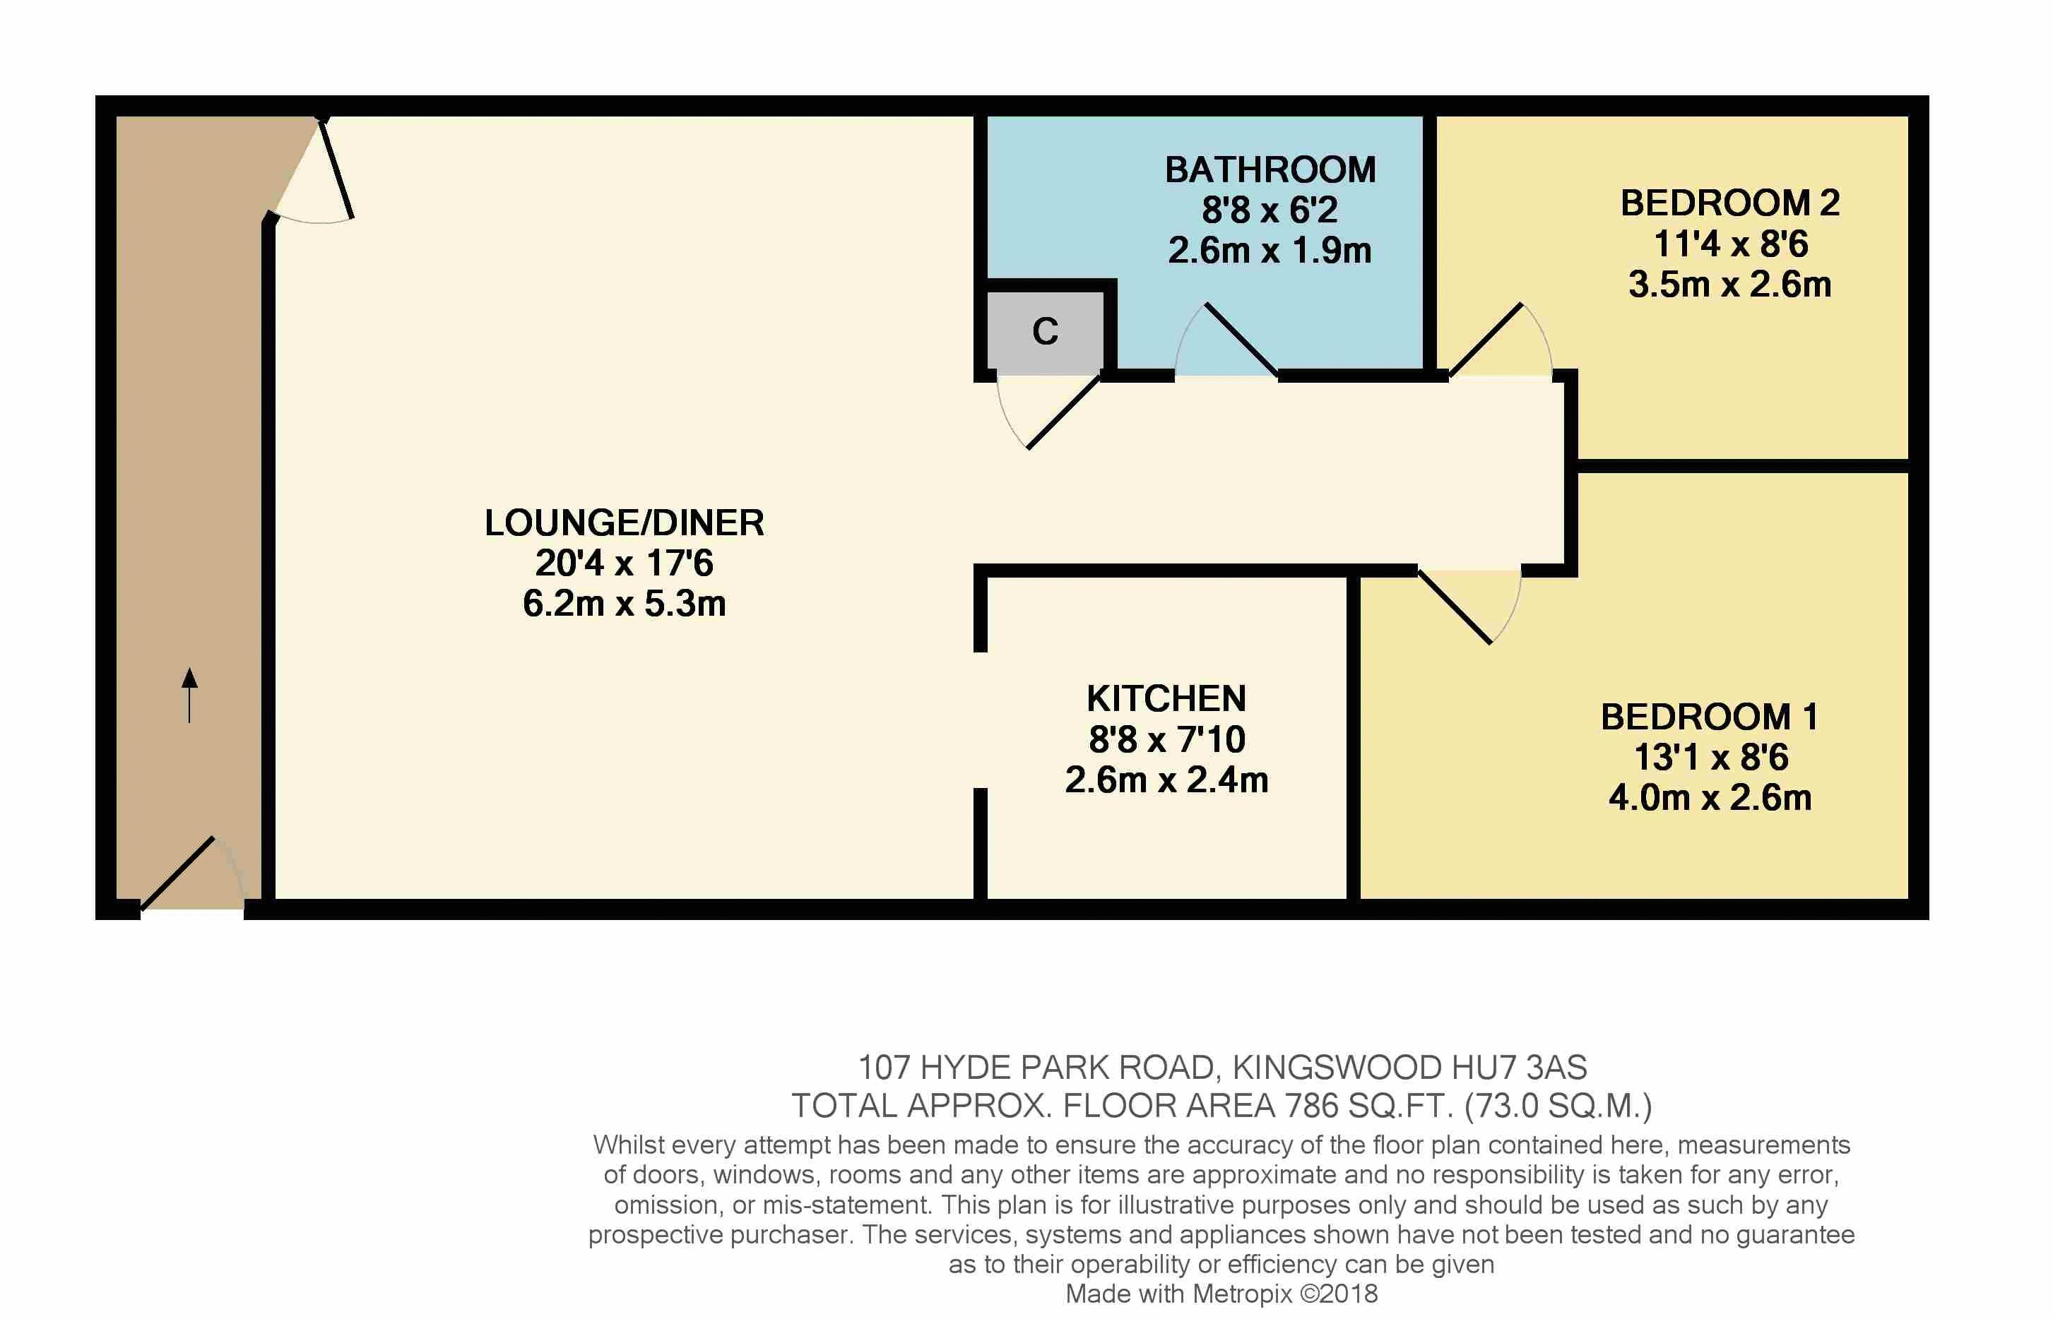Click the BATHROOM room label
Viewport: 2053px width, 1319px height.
(x=1270, y=169)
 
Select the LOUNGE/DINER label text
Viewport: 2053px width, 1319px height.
(x=624, y=523)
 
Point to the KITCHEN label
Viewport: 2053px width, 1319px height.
(x=1166, y=699)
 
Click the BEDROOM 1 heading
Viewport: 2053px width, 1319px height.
(x=1710, y=717)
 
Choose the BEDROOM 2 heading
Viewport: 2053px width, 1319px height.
(x=1730, y=203)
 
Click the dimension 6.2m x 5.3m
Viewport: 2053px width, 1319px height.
(x=624, y=604)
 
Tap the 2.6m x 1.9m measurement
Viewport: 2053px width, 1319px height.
(x=1270, y=251)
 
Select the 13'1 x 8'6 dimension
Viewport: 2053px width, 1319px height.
(x=1710, y=757)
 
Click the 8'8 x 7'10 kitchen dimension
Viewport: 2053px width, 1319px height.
(x=1166, y=739)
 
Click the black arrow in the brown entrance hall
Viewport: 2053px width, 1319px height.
(x=189, y=695)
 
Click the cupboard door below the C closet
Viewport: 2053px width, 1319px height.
(x=1049, y=412)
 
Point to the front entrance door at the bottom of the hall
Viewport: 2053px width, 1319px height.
(x=194, y=873)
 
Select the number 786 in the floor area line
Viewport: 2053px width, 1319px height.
(x=1312, y=1106)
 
